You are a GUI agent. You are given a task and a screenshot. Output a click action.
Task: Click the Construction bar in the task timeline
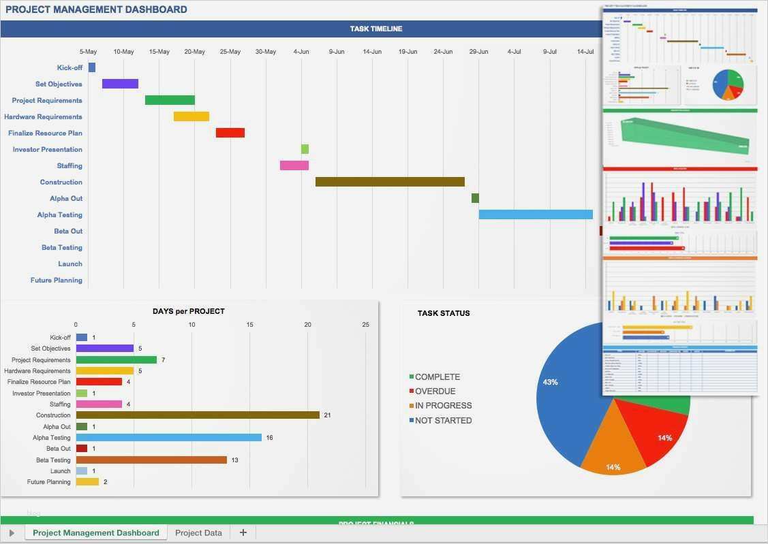[x=390, y=182]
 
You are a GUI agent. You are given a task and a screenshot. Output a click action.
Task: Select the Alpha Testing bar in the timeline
[x=536, y=214]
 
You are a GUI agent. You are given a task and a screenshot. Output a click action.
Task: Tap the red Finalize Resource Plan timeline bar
[x=230, y=133]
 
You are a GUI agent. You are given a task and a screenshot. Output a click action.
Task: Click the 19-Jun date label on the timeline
[x=408, y=52]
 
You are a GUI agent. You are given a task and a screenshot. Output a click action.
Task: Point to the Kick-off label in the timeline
[x=70, y=67]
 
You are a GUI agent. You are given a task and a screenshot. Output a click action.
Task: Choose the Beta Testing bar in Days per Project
[x=151, y=460]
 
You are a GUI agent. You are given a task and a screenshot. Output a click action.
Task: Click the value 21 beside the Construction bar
[x=327, y=415]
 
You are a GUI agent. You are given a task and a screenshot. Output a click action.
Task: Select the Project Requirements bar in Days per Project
[x=116, y=360]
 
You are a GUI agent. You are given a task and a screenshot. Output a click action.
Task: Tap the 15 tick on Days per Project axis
[x=249, y=325]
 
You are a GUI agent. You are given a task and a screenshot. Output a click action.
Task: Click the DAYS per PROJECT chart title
[x=189, y=311]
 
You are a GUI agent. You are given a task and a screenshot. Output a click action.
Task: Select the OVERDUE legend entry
[x=435, y=391]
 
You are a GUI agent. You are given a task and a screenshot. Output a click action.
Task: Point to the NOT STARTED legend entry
[x=443, y=421]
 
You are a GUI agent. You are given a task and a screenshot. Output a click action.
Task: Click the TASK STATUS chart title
[x=444, y=313]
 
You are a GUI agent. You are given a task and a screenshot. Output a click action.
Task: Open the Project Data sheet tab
[x=198, y=533]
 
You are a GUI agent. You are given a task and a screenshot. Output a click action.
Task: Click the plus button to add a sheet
[x=243, y=533]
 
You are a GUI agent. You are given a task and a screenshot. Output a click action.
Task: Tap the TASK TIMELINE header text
[x=376, y=29]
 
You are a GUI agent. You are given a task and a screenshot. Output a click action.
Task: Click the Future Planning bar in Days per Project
[x=87, y=482]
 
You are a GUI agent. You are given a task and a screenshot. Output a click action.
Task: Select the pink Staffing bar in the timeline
[x=294, y=165]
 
